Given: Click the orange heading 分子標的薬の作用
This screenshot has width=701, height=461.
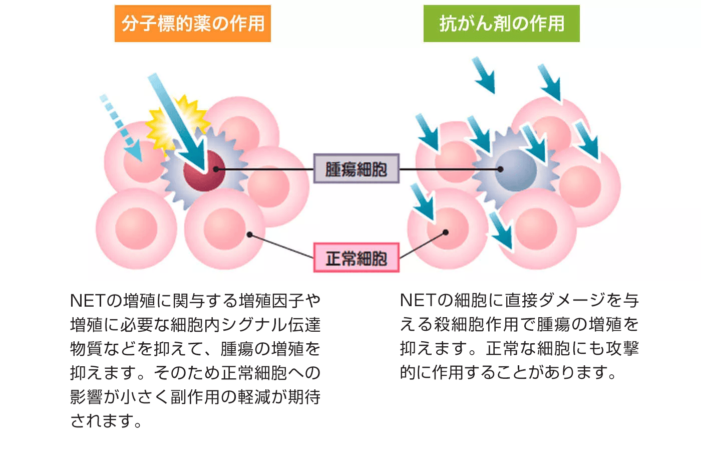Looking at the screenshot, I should [x=193, y=24].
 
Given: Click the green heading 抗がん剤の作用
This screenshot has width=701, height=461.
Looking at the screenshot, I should [x=501, y=24].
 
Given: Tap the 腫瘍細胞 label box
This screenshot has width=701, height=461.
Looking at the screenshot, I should [x=356, y=169].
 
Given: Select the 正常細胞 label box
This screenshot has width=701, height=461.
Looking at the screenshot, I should [x=356, y=258].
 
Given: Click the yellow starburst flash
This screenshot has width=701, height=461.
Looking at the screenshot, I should [x=173, y=123].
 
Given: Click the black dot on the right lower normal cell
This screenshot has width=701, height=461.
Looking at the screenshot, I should [x=446, y=233].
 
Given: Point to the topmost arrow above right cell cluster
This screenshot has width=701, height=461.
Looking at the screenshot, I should [x=484, y=75].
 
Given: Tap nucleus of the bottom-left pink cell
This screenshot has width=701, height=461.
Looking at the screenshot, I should [x=136, y=228].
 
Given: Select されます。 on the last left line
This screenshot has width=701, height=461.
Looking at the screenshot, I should [x=106, y=421].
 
